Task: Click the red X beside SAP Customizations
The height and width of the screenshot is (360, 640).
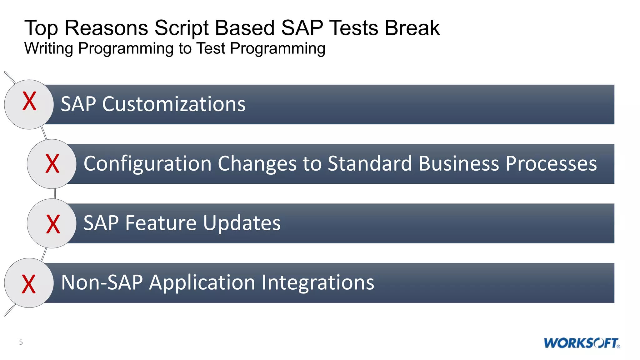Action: click(x=29, y=102)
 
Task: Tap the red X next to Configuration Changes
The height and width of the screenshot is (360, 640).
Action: click(x=52, y=164)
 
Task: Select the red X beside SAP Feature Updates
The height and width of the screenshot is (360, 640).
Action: click(x=53, y=224)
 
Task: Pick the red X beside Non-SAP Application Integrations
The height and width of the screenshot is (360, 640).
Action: click(x=29, y=284)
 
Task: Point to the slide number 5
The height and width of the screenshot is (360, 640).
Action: click(x=21, y=342)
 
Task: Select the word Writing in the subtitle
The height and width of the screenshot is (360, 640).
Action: click(x=49, y=49)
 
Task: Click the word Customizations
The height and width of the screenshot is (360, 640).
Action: click(x=174, y=104)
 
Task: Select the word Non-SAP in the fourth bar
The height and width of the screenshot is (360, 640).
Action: click(x=102, y=282)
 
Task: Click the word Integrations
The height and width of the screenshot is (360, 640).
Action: click(x=317, y=282)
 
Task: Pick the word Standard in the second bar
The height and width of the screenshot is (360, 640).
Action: click(x=370, y=164)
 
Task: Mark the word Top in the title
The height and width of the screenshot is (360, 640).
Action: click(x=41, y=28)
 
